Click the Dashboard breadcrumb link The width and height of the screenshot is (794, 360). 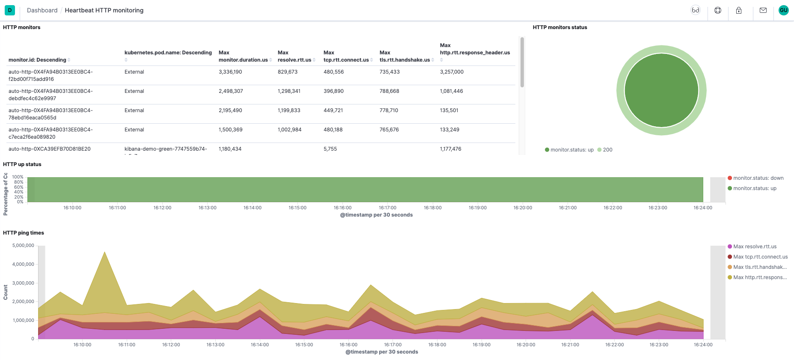pos(42,10)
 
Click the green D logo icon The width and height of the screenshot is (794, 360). pos(9,10)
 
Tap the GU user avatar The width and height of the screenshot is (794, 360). pos(783,10)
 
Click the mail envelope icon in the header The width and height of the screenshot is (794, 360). pos(763,10)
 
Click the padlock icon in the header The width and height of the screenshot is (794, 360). pos(739,10)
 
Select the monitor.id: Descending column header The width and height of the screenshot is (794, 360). pos(37,60)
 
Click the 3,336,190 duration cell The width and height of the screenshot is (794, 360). pos(230,72)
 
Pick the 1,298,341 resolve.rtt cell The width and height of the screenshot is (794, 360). pos(289,91)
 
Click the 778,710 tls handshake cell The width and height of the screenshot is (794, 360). pos(389,110)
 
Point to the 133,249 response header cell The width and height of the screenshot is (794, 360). pos(449,130)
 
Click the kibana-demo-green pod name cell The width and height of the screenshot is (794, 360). pos(166,149)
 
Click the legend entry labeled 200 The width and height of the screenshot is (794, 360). pos(607,150)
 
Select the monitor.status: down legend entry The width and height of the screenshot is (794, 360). pos(758,178)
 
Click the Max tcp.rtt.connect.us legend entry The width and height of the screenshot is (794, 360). pos(760,257)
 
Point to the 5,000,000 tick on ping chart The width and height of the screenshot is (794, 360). pos(23,246)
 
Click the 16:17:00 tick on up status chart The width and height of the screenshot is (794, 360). pos(387,208)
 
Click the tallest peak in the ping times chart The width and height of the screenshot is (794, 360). pos(105,253)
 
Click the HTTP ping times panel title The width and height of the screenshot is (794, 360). pos(24,233)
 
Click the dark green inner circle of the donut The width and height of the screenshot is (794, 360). pos(661,90)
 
